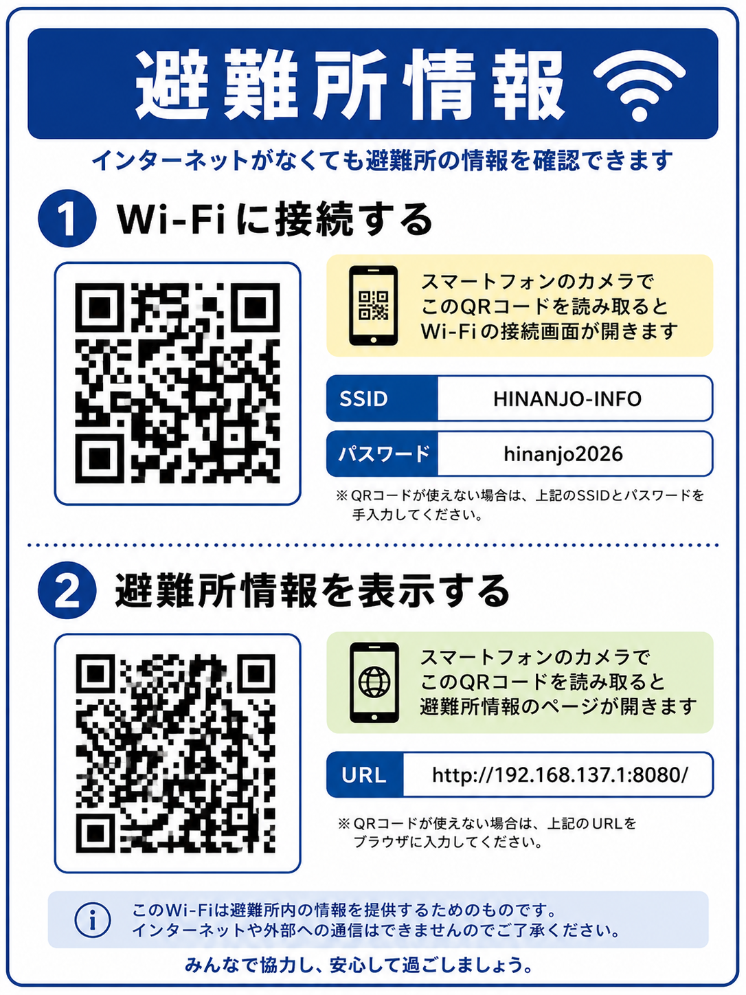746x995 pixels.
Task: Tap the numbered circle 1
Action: (67, 218)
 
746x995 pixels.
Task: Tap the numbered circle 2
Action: (67, 590)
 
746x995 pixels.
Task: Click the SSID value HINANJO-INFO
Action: (567, 399)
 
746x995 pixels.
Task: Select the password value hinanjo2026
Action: (563, 454)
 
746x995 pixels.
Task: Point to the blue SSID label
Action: (363, 399)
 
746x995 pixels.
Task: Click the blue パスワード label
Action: (383, 454)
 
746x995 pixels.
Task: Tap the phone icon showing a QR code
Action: (373, 306)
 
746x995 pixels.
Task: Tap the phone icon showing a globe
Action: (374, 682)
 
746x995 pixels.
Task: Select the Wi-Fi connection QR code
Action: (177, 383)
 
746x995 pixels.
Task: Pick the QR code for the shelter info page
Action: (176, 754)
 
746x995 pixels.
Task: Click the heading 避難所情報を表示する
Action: (312, 591)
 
